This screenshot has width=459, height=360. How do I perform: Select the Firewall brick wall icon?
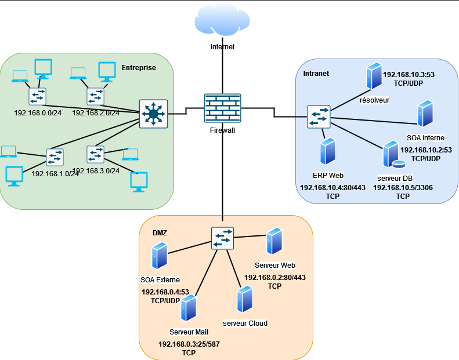pyautogui.click(x=222, y=108)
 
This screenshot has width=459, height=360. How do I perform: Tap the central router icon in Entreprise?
pyautogui.click(x=153, y=114)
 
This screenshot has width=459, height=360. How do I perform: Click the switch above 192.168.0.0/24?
pyautogui.click(x=37, y=96)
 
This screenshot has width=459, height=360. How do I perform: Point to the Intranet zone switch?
pyautogui.click(x=319, y=117)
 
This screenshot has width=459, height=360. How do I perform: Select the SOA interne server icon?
pyautogui.click(x=425, y=114)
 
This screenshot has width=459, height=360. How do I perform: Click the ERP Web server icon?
pyautogui.click(x=328, y=151)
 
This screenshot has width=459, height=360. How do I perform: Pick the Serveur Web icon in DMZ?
pyautogui.click(x=274, y=241)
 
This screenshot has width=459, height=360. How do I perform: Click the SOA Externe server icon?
pyautogui.click(x=160, y=256)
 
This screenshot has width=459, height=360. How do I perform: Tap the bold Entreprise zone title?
pyautogui.click(x=139, y=68)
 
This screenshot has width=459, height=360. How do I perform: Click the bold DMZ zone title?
pyautogui.click(x=160, y=233)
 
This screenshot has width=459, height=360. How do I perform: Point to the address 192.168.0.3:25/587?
pyautogui.click(x=189, y=344)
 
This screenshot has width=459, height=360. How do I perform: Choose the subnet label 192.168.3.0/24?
pyautogui.click(x=96, y=171)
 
